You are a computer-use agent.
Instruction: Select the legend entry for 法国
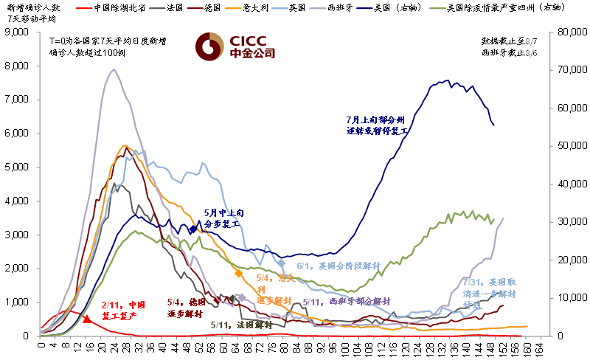point(175,8)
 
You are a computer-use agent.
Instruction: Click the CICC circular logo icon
point(209,46)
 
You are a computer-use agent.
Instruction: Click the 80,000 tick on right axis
point(568,32)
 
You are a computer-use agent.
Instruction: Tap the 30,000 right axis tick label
point(568,222)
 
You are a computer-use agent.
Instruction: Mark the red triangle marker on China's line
point(87,319)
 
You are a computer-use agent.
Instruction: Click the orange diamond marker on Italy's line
point(238,273)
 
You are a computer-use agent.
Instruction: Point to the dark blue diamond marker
point(193,229)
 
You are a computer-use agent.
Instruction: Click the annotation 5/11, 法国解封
point(240,325)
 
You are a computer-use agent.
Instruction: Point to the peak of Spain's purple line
point(113,69)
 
